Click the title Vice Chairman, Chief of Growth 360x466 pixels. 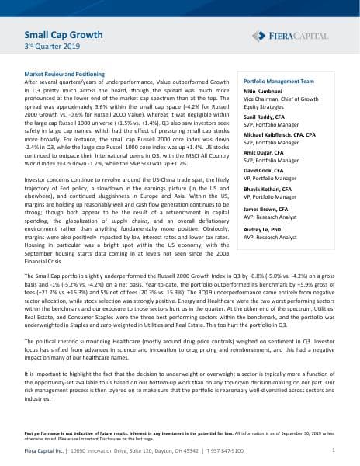pyautogui.click(x=288, y=100)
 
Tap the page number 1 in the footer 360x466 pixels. pyautogui.click(x=333, y=450)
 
